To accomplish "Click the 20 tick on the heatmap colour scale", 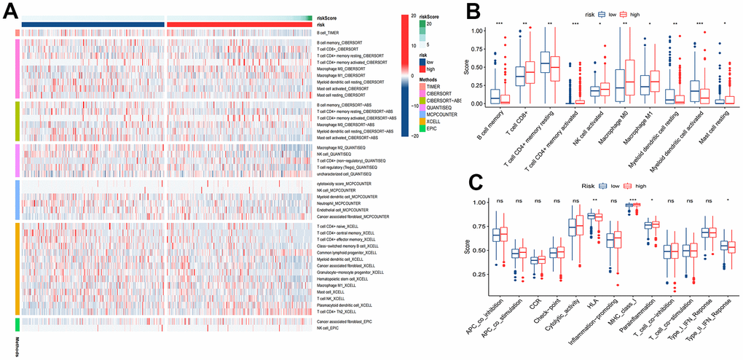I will coord(413,15).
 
